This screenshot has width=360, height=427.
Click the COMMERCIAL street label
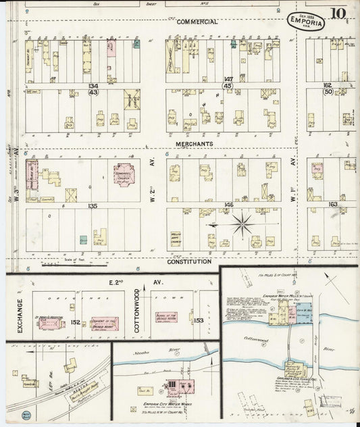pyautogui.click(x=197, y=22)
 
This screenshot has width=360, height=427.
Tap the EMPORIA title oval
pyautogui.click(x=306, y=21)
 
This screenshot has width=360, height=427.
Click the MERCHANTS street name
pyautogui.click(x=195, y=144)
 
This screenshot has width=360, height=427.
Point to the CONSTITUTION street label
pyautogui.click(x=188, y=261)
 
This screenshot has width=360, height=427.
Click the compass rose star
pyautogui.click(x=242, y=223)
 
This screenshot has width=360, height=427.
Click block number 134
pyautogui.click(x=93, y=86)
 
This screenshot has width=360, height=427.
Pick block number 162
pyautogui.click(x=327, y=86)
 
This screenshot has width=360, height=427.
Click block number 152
pyautogui.click(x=76, y=322)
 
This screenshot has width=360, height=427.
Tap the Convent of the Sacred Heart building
pyautogui.click(x=105, y=323)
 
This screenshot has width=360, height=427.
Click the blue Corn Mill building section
pyautogui.click(x=303, y=311)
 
